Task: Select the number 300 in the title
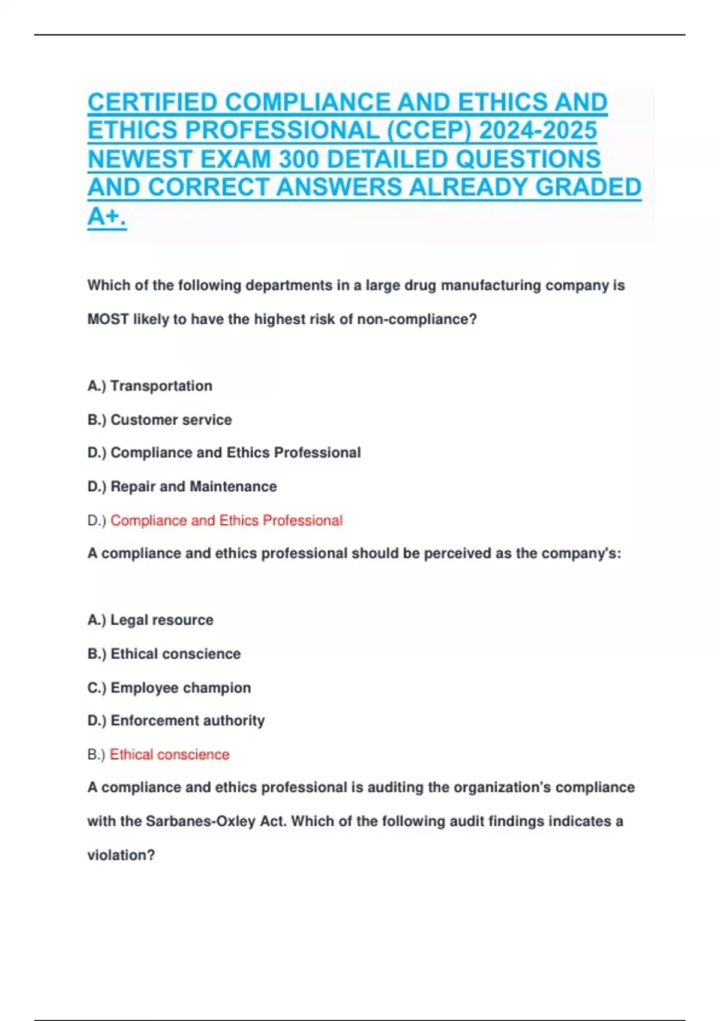tap(298, 160)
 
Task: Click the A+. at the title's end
tap(107, 216)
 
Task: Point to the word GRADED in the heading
tap(588, 188)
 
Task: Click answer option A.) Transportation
tap(150, 386)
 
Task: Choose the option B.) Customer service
tap(160, 420)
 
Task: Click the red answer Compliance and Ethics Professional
tap(226, 520)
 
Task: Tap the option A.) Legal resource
tap(151, 620)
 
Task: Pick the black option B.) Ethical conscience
tap(164, 653)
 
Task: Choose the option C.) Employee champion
tap(169, 688)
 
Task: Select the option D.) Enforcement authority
tap(176, 721)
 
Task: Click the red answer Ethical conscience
tap(169, 754)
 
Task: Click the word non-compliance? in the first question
tap(417, 320)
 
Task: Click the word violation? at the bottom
tap(121, 855)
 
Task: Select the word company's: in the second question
tap(581, 553)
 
